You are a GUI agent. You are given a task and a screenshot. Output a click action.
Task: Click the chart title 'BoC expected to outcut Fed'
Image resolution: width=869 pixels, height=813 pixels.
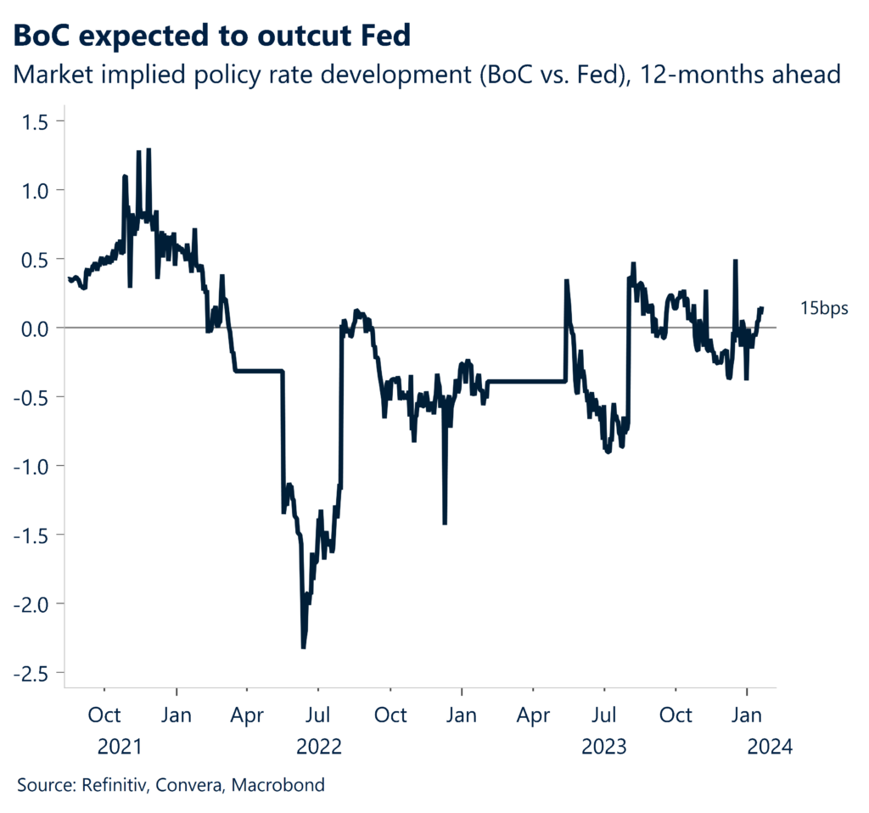click(x=212, y=36)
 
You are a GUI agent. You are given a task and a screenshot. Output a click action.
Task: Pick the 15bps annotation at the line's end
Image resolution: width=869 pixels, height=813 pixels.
click(x=823, y=309)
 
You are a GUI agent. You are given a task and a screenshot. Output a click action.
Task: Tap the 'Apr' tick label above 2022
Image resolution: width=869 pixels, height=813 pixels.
click(x=247, y=715)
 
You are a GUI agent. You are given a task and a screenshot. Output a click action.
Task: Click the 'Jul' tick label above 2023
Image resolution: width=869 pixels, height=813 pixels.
click(x=604, y=715)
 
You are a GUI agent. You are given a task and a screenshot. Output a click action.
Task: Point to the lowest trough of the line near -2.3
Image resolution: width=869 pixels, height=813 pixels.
click(x=303, y=648)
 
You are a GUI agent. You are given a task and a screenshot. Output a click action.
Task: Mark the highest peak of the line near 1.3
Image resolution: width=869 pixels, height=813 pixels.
click(x=149, y=150)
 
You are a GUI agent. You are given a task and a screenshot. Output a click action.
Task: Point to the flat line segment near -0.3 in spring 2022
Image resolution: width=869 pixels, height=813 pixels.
click(x=259, y=371)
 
